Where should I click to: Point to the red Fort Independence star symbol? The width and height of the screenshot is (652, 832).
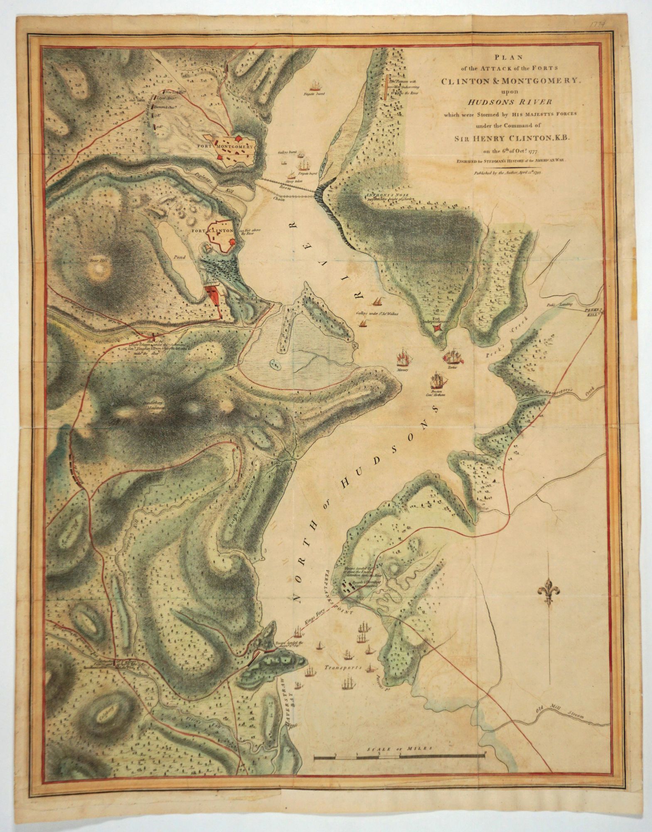(x=437, y=329)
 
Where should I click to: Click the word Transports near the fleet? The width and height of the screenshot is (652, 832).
(x=343, y=666)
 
